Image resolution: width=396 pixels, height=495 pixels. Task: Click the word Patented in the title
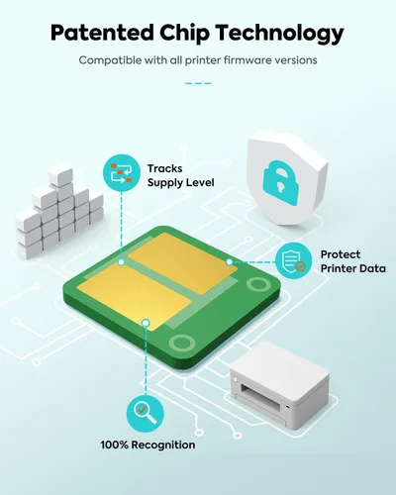[102, 33]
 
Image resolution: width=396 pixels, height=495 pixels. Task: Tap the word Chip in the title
[185, 34]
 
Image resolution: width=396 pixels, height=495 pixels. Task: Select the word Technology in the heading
[280, 34]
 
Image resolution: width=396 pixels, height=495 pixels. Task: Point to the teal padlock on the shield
[280, 183]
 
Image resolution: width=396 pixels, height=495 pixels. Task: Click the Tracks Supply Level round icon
[122, 173]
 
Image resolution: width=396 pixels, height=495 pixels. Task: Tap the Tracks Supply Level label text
[180, 175]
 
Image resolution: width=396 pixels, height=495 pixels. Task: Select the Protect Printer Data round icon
[293, 260]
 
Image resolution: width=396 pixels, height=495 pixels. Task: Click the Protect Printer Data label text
[352, 261]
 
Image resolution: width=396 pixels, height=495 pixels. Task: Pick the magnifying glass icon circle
[146, 413]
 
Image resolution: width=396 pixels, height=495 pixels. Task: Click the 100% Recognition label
[148, 445]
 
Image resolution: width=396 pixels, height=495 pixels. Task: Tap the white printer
[279, 385]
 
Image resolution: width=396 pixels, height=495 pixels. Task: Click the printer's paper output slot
[260, 400]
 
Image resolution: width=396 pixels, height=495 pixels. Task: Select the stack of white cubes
[59, 212]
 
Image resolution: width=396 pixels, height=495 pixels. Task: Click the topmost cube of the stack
[60, 175]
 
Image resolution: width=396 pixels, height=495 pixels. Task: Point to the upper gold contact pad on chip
[182, 262]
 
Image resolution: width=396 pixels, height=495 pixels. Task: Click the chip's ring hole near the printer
[182, 343]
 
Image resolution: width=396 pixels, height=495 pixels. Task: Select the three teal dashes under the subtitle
[198, 83]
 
